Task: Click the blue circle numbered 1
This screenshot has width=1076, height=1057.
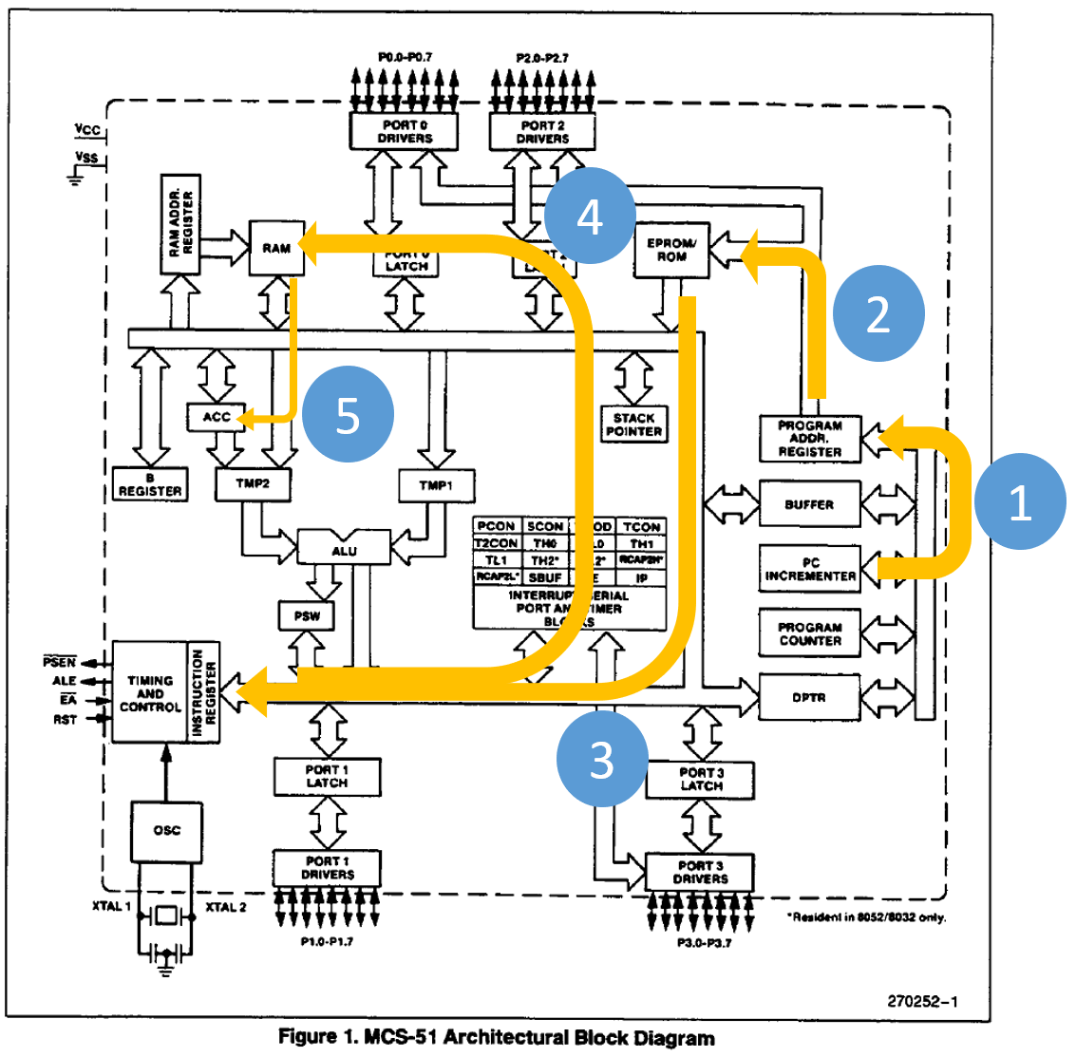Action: tap(1020, 501)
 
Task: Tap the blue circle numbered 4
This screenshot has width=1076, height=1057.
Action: tap(590, 217)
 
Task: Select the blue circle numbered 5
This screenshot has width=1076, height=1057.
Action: tap(348, 416)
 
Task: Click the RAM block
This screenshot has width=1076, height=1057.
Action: tap(276, 248)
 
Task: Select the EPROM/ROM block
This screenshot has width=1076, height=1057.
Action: tap(671, 250)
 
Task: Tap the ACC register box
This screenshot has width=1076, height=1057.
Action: tap(217, 417)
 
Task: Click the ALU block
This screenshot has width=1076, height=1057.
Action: tap(344, 550)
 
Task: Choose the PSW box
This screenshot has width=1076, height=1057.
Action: tap(307, 615)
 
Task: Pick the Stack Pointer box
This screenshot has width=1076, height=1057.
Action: tap(633, 425)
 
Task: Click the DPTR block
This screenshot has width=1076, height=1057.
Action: tap(809, 698)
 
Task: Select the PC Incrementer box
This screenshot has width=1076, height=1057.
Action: tap(810, 570)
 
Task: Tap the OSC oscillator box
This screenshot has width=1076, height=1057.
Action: tap(166, 831)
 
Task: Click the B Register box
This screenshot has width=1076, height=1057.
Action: tap(150, 484)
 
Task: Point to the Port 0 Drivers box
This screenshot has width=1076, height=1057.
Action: tap(405, 131)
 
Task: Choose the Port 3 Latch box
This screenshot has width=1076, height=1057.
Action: tap(701, 780)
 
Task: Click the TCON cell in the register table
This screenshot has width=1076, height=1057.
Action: tap(641, 526)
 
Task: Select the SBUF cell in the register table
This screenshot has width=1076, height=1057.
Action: tap(545, 577)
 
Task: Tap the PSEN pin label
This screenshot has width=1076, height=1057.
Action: tap(59, 662)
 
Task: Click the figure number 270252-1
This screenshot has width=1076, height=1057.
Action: tap(922, 1001)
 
